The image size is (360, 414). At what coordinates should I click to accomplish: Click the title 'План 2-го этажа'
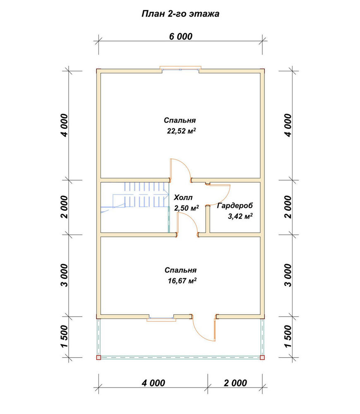pyautogui.click(x=180, y=14)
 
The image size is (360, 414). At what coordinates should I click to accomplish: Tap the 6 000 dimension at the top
pyautogui.click(x=181, y=36)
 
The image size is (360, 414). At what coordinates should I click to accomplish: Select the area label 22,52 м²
pyautogui.click(x=181, y=131)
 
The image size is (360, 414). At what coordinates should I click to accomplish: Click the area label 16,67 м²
pyautogui.click(x=182, y=281)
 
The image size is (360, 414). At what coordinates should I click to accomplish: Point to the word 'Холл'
pyautogui.click(x=183, y=197)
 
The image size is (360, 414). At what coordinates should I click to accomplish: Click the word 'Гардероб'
pyautogui.click(x=235, y=205)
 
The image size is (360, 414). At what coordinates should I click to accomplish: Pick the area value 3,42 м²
pyautogui.click(x=240, y=217)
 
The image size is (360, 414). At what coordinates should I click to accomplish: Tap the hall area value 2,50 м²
pyautogui.click(x=186, y=208)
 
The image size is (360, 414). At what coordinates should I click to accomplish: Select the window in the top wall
pyautogui.click(x=181, y=69)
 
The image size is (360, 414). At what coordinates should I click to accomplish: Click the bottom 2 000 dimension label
pyautogui.click(x=235, y=383)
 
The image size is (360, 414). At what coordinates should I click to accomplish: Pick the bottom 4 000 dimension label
pyautogui.click(x=154, y=383)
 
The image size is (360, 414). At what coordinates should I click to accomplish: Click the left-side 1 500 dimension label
pyautogui.click(x=64, y=336)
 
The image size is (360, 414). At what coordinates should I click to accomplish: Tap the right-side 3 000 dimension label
pyautogui.click(x=288, y=275)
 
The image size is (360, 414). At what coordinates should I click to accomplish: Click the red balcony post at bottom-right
pyautogui.click(x=262, y=358)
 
